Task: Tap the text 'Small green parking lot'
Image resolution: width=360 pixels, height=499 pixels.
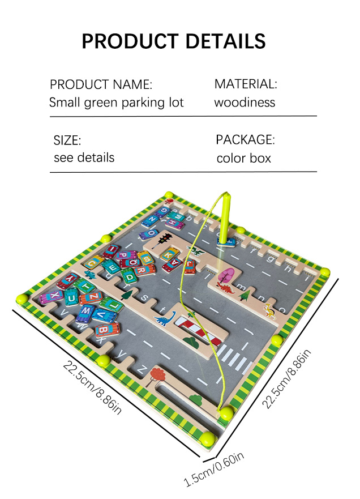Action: click(x=116, y=103)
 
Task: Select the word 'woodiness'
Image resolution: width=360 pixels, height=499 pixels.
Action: click(x=245, y=103)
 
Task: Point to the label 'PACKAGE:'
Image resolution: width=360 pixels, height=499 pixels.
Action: click(x=245, y=139)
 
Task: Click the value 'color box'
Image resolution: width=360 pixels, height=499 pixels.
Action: click(x=243, y=158)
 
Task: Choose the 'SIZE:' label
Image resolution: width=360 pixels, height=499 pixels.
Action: click(x=67, y=139)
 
